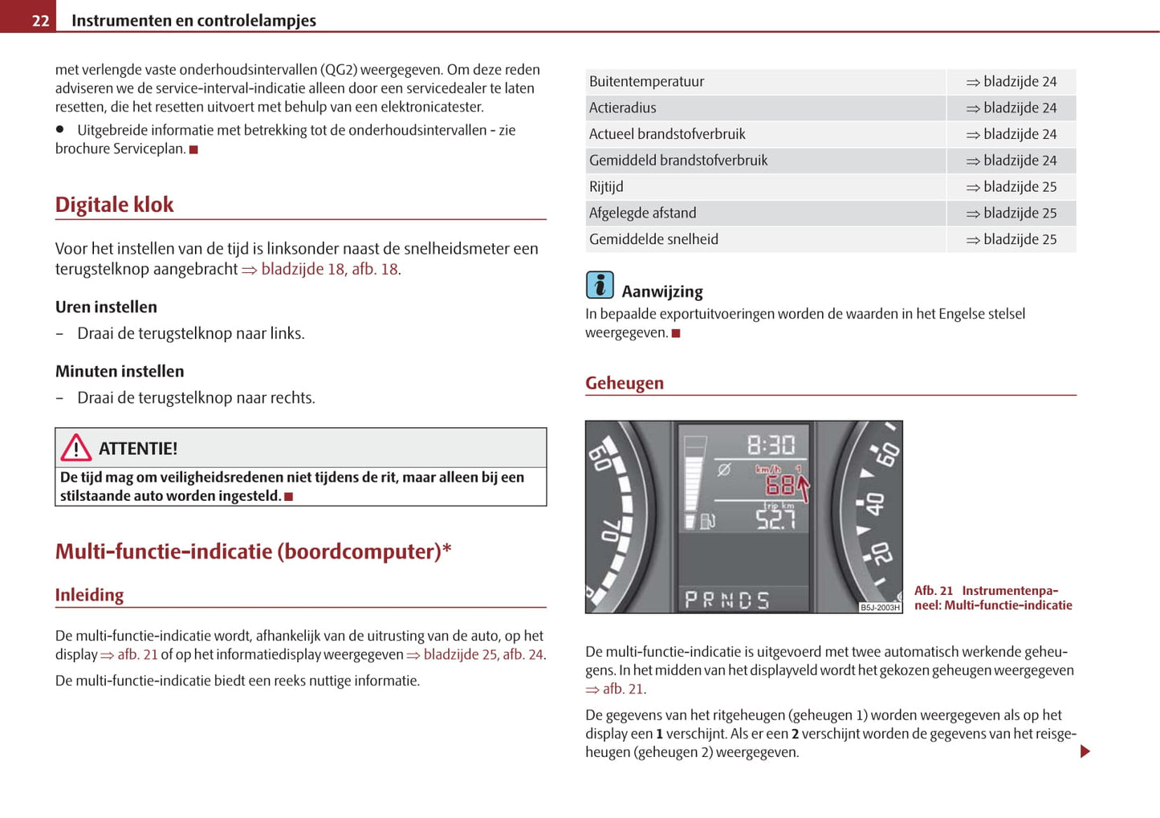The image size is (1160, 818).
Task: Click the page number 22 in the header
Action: pos(40,21)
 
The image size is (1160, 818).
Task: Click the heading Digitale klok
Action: pos(114,205)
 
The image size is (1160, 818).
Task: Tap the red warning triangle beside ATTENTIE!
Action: pos(76,447)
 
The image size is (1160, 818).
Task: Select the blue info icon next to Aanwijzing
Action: pos(600,285)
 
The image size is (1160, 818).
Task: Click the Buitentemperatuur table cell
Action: pos(646,81)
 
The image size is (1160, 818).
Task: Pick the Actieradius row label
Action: pos(622,108)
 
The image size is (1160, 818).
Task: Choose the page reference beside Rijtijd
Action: pos(1011,186)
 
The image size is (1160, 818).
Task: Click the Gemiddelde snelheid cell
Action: pos(653,239)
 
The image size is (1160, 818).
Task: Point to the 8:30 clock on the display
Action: pos(770,445)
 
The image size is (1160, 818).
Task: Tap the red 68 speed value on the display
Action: pos(779,486)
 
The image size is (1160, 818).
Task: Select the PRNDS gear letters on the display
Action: pos(727,600)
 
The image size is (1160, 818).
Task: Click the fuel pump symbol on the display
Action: pos(707,522)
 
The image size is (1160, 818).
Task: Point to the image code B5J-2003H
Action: pos(880,608)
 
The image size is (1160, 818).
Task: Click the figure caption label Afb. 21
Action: pos(934,591)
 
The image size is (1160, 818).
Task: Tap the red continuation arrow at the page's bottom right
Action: pos(1085,751)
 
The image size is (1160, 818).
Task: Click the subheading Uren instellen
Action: pos(106,307)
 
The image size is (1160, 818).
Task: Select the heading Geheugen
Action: pos(625,383)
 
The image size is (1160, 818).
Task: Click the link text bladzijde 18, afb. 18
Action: pos(330,269)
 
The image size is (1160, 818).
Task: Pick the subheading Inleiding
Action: pos(89,595)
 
